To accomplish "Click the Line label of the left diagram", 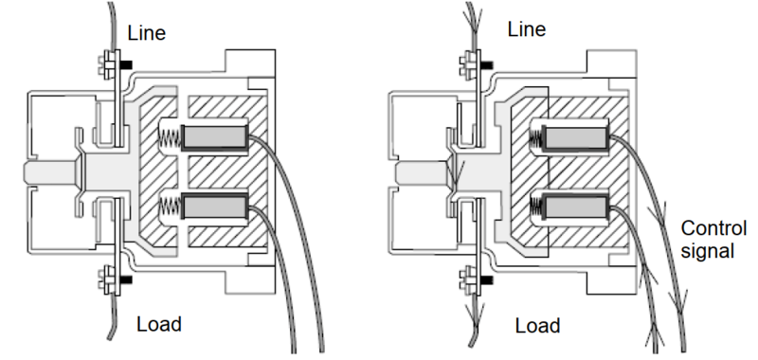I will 147,33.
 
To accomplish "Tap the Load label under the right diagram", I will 536,326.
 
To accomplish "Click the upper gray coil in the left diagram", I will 215,136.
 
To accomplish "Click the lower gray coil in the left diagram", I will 215,204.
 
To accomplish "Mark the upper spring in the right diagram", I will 537,138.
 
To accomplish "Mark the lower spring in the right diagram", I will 537,205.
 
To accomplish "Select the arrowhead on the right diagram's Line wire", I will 472,18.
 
